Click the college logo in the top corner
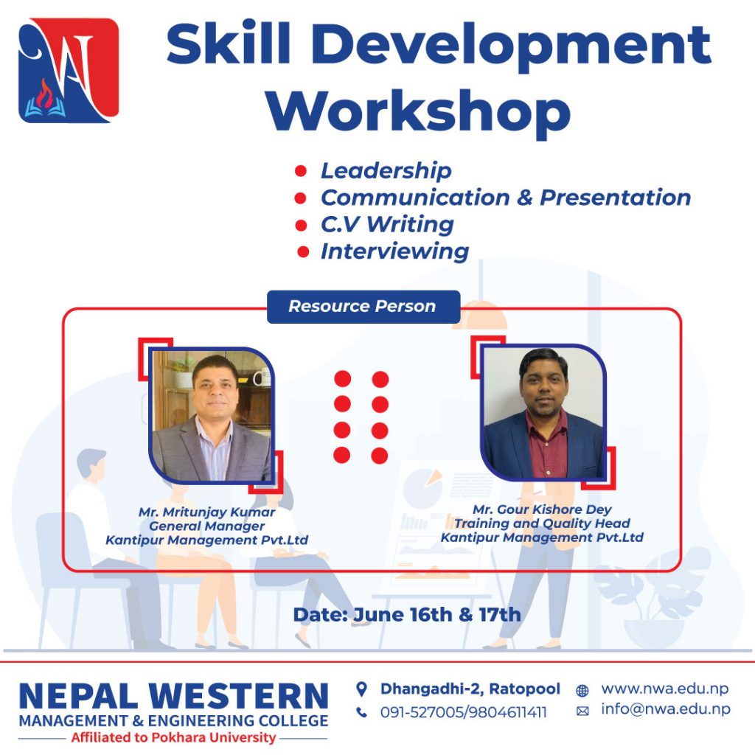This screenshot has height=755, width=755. click(69, 70)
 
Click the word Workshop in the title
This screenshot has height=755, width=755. click(419, 113)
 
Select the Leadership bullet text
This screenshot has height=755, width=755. click(386, 171)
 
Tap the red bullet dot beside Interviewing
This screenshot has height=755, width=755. click(303, 251)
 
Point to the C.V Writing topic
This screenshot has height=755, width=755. click(387, 224)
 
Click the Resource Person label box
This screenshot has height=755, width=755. click(363, 306)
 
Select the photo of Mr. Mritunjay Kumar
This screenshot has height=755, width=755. click(212, 414)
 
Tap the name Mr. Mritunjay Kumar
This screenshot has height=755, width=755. click(206, 512)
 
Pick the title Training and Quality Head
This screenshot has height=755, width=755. click(542, 523)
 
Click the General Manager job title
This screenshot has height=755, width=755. click(206, 526)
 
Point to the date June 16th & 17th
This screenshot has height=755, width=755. click(437, 615)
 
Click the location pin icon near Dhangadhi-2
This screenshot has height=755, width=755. click(361, 689)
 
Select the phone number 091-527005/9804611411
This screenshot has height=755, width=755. click(463, 712)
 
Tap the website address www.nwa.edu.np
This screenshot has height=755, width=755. click(664, 689)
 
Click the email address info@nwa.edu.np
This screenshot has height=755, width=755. click(666, 709)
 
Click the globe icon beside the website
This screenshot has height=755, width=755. click(582, 691)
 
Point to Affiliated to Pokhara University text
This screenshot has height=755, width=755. click(173, 737)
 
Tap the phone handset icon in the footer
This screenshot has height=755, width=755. click(361, 712)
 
